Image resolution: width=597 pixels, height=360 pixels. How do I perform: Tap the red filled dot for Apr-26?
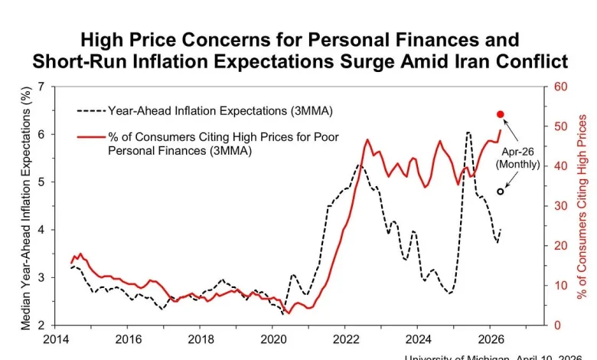(501, 114)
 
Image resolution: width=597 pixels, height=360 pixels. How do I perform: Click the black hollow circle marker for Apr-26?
(501, 191)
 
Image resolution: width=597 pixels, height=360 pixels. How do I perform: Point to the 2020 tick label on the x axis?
(273, 339)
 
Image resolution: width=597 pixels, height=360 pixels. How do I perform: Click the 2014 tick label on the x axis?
(55, 339)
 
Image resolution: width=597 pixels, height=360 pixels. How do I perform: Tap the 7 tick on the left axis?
(42, 87)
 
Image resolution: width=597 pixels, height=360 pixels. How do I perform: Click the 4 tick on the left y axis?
(42, 230)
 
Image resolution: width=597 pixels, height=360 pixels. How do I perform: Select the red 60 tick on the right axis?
(559, 87)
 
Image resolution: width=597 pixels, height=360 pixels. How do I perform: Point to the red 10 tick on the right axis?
(559, 285)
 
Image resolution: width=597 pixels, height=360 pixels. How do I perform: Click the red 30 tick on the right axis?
(559, 206)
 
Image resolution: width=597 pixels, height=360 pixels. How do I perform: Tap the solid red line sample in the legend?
(90, 138)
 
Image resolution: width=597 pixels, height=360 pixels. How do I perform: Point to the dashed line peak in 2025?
(468, 133)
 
